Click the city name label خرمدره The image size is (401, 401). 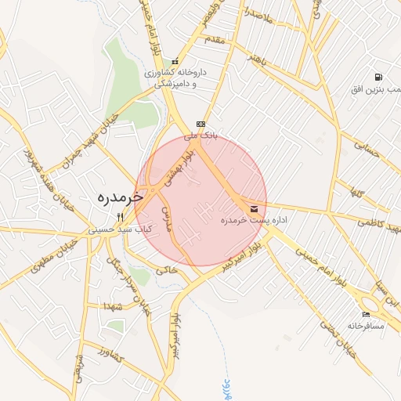tap(116, 197)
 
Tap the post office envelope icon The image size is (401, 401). tap(255, 209)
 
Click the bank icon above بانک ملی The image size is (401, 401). tap(200, 124)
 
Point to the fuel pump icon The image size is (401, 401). tap(379, 78)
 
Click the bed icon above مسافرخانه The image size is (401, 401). tap(367, 314)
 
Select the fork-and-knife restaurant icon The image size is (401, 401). tap(120, 217)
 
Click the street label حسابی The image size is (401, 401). tap(367, 150)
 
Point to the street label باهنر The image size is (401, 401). tap(259, 60)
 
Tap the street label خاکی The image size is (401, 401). tap(167, 269)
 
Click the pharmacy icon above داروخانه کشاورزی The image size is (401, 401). tap(175, 62)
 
